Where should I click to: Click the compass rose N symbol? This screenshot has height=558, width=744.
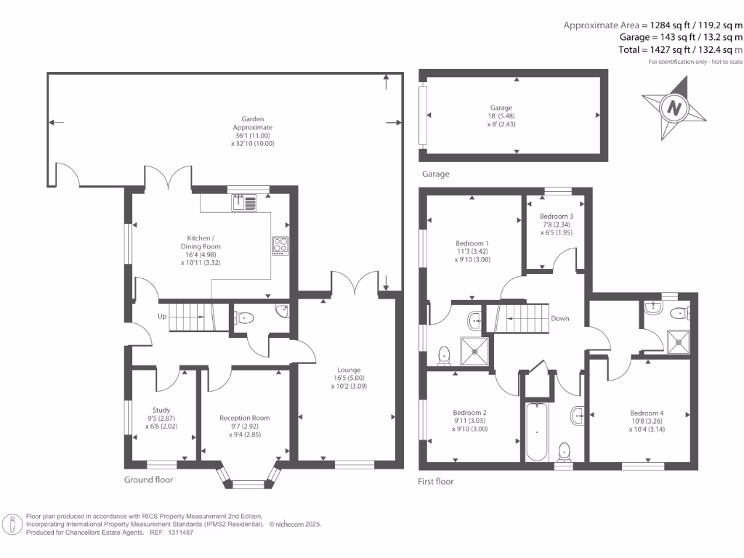674,108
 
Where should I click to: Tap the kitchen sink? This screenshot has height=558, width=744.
244,203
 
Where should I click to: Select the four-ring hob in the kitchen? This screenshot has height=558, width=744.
280,246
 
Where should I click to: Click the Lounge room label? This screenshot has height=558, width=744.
349,370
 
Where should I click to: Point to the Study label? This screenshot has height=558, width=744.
161,410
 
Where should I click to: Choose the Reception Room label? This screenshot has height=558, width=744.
244,418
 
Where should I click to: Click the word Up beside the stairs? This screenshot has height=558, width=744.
162,317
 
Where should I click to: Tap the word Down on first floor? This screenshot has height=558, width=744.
560,318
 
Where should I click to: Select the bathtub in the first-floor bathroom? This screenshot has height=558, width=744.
537,432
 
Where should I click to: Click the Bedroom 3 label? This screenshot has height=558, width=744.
556,217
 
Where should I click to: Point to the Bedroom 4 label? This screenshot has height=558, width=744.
647,413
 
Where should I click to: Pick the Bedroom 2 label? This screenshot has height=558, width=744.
469,413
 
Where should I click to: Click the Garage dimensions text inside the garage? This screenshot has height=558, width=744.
501,120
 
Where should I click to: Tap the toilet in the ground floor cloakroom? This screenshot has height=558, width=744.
244,318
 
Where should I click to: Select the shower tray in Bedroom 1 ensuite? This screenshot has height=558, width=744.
474,351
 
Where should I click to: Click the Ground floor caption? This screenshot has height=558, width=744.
148,480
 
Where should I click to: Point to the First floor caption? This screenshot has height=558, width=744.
436,482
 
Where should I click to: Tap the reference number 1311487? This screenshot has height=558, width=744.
179,533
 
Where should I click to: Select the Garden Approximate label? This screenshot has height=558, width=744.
252,123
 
